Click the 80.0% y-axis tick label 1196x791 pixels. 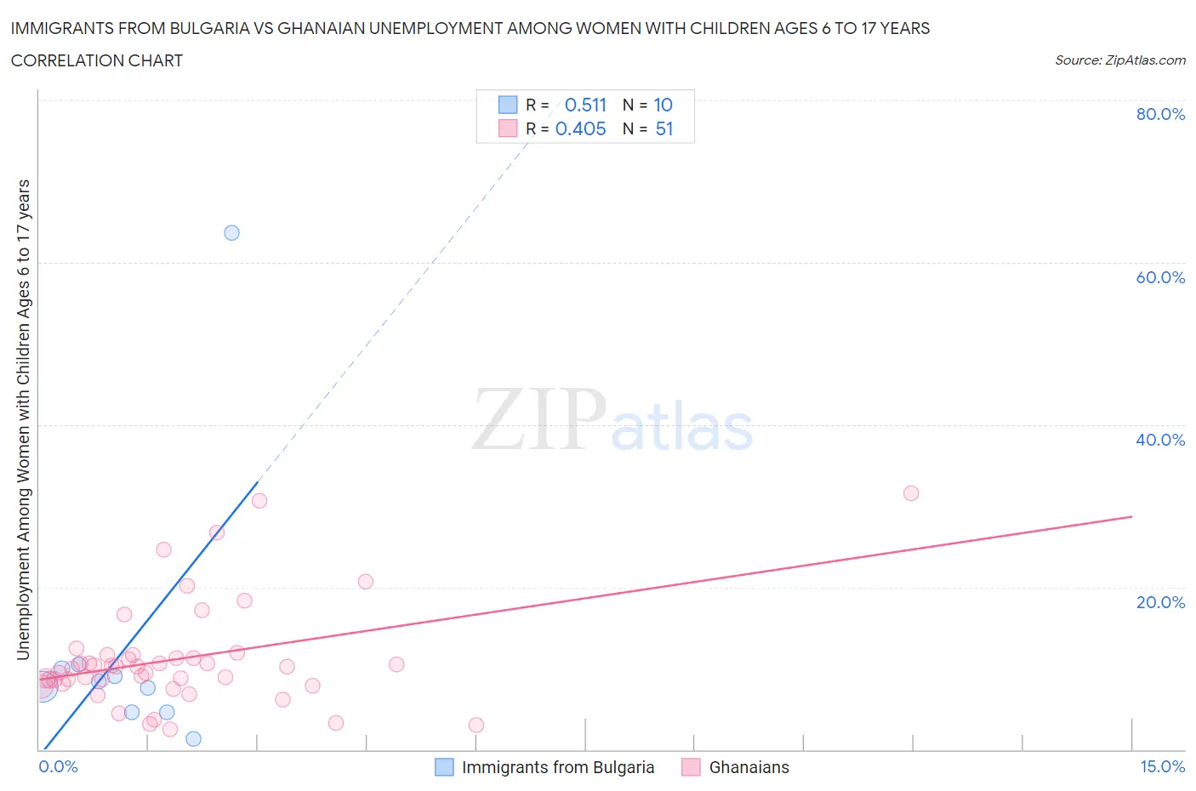point(1160,114)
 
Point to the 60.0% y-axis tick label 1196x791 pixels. point(1160,277)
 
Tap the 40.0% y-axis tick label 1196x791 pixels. point(1160,440)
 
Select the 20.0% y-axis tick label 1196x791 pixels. point(1160,602)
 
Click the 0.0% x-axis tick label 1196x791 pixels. point(58,766)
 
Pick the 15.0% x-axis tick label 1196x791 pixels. point(1162,766)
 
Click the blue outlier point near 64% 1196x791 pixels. point(231,233)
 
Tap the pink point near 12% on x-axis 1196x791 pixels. point(911,493)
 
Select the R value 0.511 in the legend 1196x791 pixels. point(585,105)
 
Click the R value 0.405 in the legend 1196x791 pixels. point(580,128)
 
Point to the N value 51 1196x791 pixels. point(664,128)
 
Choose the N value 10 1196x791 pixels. point(663,105)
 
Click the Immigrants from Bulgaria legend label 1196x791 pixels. point(558,767)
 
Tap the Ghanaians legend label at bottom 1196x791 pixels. point(749,767)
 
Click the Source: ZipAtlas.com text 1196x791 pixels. point(1119,60)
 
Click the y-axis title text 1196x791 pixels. point(23,420)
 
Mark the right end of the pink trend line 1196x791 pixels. point(1131,516)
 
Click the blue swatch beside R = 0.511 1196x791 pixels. point(508,105)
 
